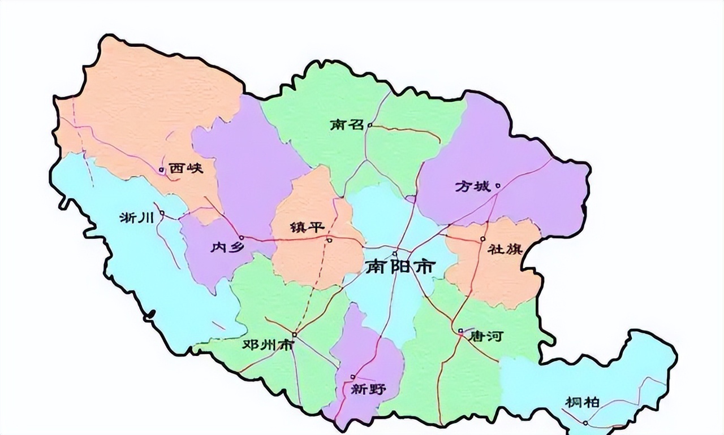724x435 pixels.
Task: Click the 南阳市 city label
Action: tap(400, 266)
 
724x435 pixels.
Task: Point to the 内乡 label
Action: tap(226, 247)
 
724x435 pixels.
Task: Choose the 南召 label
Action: tap(347, 125)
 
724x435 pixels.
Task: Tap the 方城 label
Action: tap(473, 186)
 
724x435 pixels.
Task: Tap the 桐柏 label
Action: tap(582, 402)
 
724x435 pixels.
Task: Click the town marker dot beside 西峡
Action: tap(162, 169)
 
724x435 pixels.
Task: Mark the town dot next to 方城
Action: tap(498, 185)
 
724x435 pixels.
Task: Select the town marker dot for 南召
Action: tap(370, 125)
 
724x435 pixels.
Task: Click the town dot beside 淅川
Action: tap(162, 213)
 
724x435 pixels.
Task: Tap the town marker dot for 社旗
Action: tap(482, 239)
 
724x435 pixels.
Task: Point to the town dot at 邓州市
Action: tap(294, 334)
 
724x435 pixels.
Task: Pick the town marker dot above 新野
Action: tap(353, 377)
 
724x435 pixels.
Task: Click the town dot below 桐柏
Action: tap(585, 423)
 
